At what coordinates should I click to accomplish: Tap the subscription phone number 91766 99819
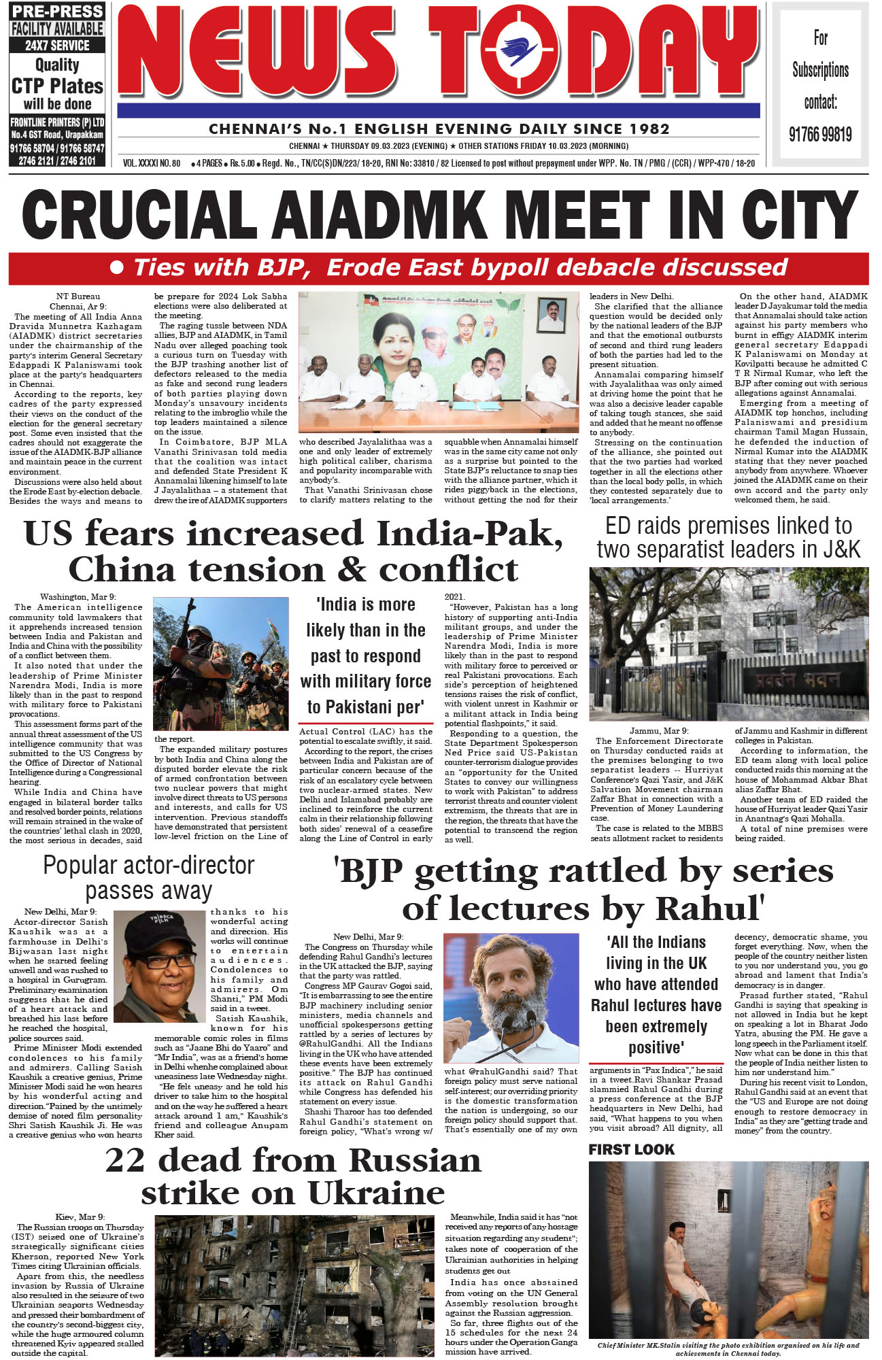(x=820, y=134)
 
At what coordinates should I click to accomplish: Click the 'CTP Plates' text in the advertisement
(x=57, y=86)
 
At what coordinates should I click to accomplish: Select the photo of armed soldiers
(x=220, y=664)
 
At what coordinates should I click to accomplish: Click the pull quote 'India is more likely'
(x=366, y=656)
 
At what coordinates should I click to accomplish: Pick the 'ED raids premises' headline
(x=728, y=537)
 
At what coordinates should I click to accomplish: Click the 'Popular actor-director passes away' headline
(x=148, y=878)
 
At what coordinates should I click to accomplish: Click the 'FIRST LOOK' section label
(x=631, y=1150)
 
